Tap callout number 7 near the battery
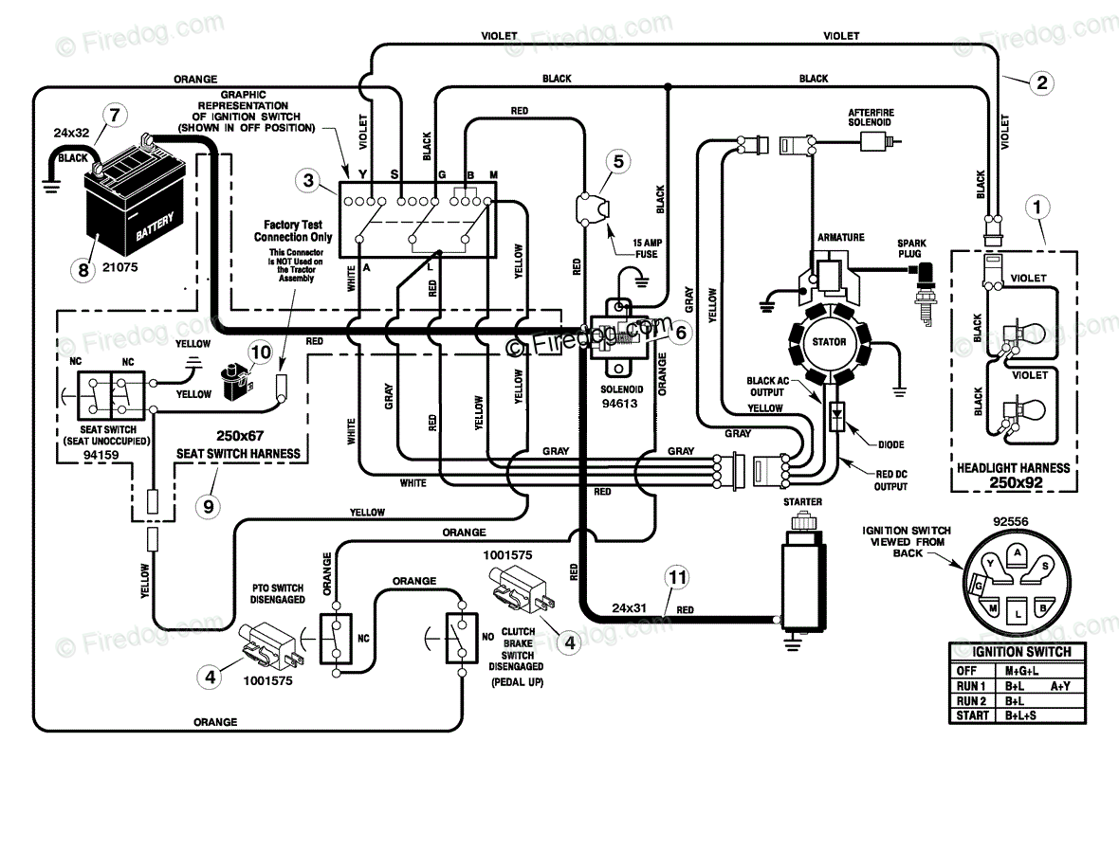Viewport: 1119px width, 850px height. point(114,115)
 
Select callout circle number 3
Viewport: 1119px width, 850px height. point(307,180)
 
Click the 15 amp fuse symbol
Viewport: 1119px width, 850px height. point(593,208)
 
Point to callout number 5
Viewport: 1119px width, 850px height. point(618,162)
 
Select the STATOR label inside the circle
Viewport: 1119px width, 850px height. point(829,342)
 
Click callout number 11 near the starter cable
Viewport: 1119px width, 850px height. point(676,577)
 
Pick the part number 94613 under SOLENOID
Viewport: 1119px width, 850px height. point(619,404)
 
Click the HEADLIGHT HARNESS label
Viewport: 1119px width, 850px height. point(1014,468)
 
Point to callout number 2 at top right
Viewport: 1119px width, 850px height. point(1042,82)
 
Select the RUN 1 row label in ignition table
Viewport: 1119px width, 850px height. point(971,686)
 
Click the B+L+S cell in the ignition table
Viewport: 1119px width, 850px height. point(1022,715)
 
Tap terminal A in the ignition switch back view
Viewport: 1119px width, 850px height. point(1018,553)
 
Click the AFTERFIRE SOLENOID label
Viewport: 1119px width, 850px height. point(871,118)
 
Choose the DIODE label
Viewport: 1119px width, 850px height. point(891,445)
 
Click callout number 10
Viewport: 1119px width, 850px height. point(261,353)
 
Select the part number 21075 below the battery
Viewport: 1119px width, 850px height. point(119,267)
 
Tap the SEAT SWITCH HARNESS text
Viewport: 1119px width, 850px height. point(238,454)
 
